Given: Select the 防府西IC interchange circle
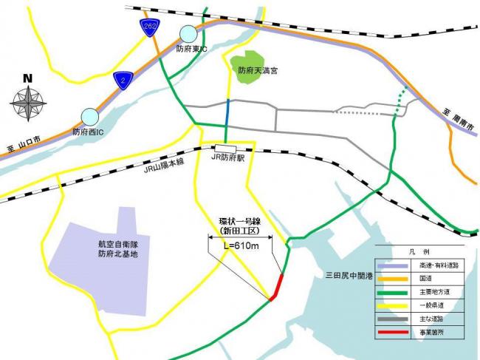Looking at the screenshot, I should pyautogui.click(x=89, y=116).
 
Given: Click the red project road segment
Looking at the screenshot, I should pyautogui.click(x=278, y=287).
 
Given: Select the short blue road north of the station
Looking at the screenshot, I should pyautogui.click(x=228, y=118).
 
